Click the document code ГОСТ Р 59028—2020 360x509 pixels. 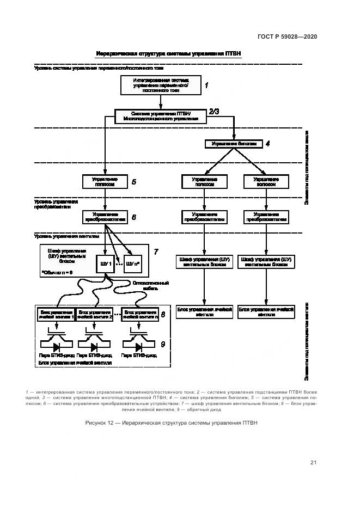287,37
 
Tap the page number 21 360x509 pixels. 314,463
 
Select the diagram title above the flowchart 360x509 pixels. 168,53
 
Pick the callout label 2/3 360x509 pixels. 213,112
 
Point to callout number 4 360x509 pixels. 267,144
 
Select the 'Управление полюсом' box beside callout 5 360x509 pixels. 103,181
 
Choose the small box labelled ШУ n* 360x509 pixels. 133,264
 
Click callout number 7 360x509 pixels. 156,252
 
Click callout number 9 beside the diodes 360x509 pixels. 162,344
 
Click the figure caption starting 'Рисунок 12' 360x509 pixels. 170,422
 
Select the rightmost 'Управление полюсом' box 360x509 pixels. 266,181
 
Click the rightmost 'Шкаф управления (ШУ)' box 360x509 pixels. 266,262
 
